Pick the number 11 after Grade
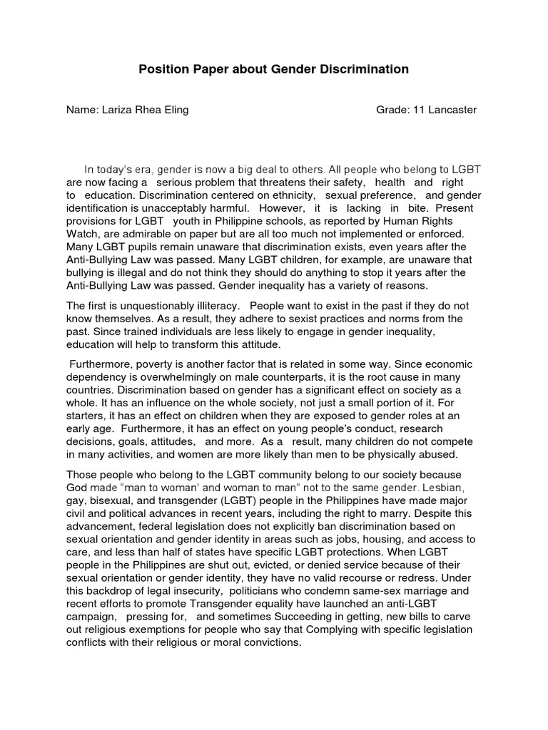tap(419, 110)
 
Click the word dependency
tap(97, 377)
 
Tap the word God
tap(77, 488)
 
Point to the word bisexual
tap(111, 500)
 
